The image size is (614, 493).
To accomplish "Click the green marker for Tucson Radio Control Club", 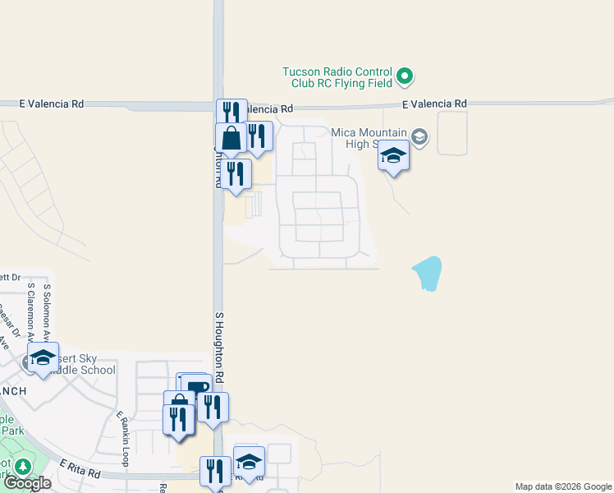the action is point(405,77).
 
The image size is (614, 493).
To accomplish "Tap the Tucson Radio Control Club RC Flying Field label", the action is point(337,77).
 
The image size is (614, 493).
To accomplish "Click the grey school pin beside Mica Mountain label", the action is point(420,136).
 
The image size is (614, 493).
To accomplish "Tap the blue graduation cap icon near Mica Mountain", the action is point(394,155).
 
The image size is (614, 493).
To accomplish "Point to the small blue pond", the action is point(428,274).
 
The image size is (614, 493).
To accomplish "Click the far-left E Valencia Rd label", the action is point(52,104).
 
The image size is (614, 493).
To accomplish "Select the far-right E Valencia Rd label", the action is point(434,104).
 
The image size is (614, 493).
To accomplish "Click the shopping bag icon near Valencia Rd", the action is point(231,139).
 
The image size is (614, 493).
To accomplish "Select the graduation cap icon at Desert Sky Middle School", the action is point(43,357).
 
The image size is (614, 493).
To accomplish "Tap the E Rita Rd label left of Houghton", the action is point(79,472).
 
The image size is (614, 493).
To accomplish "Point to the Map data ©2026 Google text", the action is point(562,486).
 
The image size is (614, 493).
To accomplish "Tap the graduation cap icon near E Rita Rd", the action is point(249,461).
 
